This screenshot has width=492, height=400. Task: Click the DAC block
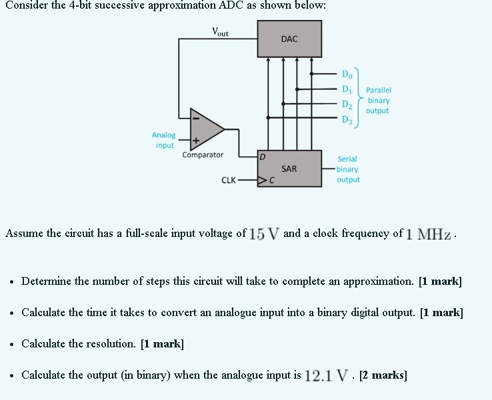point(289,39)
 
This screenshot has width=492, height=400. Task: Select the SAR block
point(289,169)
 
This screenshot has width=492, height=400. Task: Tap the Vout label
point(219,31)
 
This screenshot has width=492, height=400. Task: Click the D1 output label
point(345,89)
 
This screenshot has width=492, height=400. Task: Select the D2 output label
point(345,104)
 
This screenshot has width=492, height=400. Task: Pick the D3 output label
point(345,119)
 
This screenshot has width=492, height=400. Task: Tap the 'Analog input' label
point(164,140)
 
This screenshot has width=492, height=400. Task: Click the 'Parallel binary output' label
point(378,100)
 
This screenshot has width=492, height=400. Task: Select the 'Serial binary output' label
point(347,169)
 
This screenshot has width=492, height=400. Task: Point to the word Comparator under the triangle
point(203,155)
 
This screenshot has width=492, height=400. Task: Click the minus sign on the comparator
point(195,119)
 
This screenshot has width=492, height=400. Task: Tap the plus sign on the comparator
point(195,141)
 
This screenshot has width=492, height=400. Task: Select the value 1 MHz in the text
point(429,234)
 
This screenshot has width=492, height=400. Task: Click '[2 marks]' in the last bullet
point(383,375)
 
